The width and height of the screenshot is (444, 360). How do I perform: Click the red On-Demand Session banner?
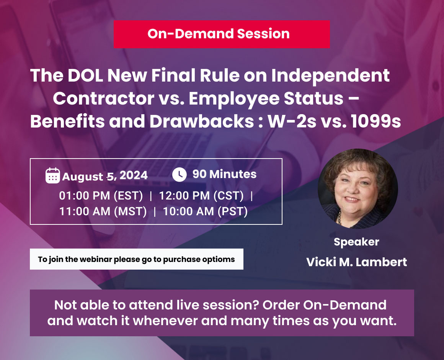click(222, 34)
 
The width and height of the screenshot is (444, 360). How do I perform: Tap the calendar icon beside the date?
click(53, 176)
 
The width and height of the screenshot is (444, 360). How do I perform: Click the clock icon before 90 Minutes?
click(180, 175)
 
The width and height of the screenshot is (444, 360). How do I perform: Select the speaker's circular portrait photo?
click(357, 189)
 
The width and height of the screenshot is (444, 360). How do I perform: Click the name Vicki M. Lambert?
click(356, 262)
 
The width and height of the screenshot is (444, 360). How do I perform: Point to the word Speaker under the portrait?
click(356, 242)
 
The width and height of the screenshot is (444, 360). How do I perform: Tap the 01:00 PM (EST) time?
click(101, 196)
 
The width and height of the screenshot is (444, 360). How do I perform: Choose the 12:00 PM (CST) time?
click(201, 196)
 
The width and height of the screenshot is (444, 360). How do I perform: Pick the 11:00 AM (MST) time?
click(103, 211)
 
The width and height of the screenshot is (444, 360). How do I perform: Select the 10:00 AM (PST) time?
click(205, 211)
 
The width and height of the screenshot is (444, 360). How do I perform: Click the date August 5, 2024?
click(105, 176)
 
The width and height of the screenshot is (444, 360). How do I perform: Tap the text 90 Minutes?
click(225, 174)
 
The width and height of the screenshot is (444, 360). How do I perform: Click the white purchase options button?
click(137, 259)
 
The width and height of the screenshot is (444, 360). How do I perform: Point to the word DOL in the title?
click(85, 75)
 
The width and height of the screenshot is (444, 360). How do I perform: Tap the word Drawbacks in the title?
click(202, 121)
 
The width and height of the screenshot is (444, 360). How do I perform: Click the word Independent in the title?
click(330, 76)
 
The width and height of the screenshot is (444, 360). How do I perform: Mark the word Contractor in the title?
click(104, 98)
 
